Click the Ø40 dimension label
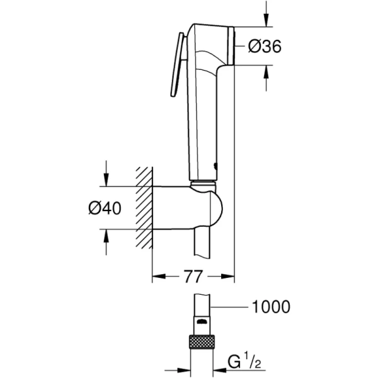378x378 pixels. [x=104, y=208]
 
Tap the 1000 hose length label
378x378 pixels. [x=271, y=307]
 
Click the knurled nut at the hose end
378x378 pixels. [x=202, y=343]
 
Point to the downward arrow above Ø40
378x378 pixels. [x=106, y=176]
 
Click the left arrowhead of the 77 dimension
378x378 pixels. [x=158, y=277]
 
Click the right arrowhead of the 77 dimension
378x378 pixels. [x=228, y=277]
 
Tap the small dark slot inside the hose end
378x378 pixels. [x=201, y=322]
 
